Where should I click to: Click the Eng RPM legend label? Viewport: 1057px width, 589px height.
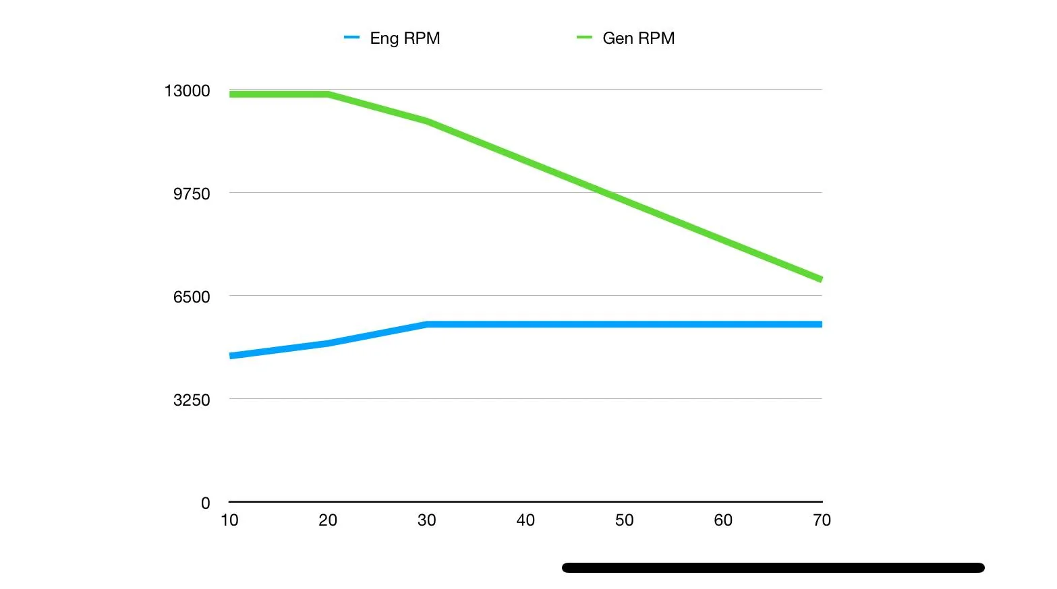405,38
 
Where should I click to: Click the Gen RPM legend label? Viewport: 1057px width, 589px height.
638,38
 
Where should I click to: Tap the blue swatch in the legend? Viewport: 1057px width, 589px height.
351,37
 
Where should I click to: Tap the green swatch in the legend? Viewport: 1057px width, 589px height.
584,37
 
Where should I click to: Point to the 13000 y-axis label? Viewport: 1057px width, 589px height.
187,90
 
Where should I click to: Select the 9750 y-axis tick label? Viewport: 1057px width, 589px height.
192,194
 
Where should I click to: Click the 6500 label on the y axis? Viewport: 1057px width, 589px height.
192,297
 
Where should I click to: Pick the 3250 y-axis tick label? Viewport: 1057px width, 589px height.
192,400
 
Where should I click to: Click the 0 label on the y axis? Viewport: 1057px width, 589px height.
205,503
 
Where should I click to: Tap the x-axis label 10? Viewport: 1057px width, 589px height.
229,520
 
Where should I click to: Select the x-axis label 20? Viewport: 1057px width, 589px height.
328,520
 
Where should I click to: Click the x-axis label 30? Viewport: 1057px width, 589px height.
426,520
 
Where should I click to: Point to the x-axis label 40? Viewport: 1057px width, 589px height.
525,520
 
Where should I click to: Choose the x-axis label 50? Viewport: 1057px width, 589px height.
625,520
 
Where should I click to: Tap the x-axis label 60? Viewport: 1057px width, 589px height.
723,520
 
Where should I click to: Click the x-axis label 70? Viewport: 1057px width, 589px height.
822,520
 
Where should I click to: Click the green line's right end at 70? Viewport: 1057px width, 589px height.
822,279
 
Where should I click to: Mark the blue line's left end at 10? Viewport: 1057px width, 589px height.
230,356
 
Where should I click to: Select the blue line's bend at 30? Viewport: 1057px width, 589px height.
426,324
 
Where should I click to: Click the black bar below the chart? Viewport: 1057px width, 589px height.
773,567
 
